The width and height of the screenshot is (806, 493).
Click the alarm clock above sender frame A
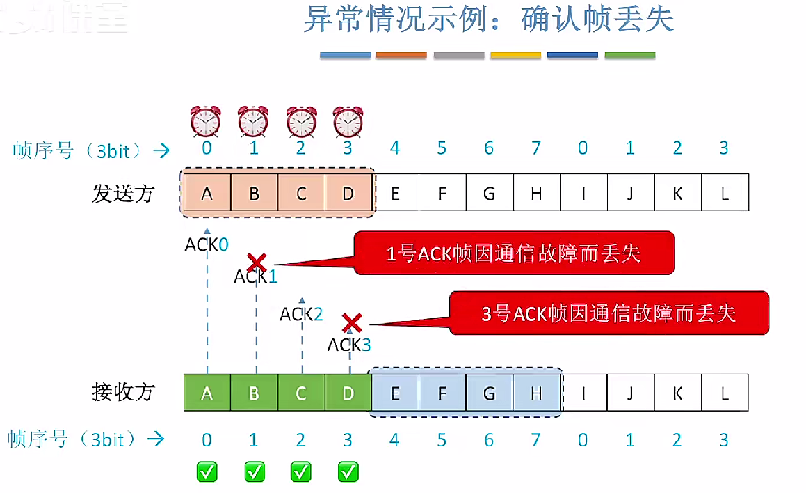(207, 121)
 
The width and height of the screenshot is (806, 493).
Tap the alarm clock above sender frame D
(348, 121)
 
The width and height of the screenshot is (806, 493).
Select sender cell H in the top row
(536, 193)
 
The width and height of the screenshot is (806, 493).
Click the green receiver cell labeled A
(207, 393)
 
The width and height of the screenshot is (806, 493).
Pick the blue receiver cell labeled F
(442, 393)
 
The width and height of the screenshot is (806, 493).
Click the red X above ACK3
(352, 322)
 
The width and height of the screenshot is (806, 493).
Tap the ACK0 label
(207, 244)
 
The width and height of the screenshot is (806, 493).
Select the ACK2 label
(301, 314)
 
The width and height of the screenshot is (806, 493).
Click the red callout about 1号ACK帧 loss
(514, 253)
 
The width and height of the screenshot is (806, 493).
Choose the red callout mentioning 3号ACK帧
(609, 313)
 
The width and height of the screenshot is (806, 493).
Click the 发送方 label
(122, 193)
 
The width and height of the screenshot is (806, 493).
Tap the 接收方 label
(122, 392)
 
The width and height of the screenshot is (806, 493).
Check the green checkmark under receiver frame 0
(207, 471)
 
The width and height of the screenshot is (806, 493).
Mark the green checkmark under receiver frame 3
(348, 471)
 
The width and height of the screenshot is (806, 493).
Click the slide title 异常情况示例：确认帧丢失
(488, 19)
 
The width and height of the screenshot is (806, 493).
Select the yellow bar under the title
(515, 55)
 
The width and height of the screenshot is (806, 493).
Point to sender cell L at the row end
(725, 193)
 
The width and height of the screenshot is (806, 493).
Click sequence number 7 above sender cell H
(535, 148)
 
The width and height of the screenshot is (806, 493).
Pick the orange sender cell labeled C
(301, 193)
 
